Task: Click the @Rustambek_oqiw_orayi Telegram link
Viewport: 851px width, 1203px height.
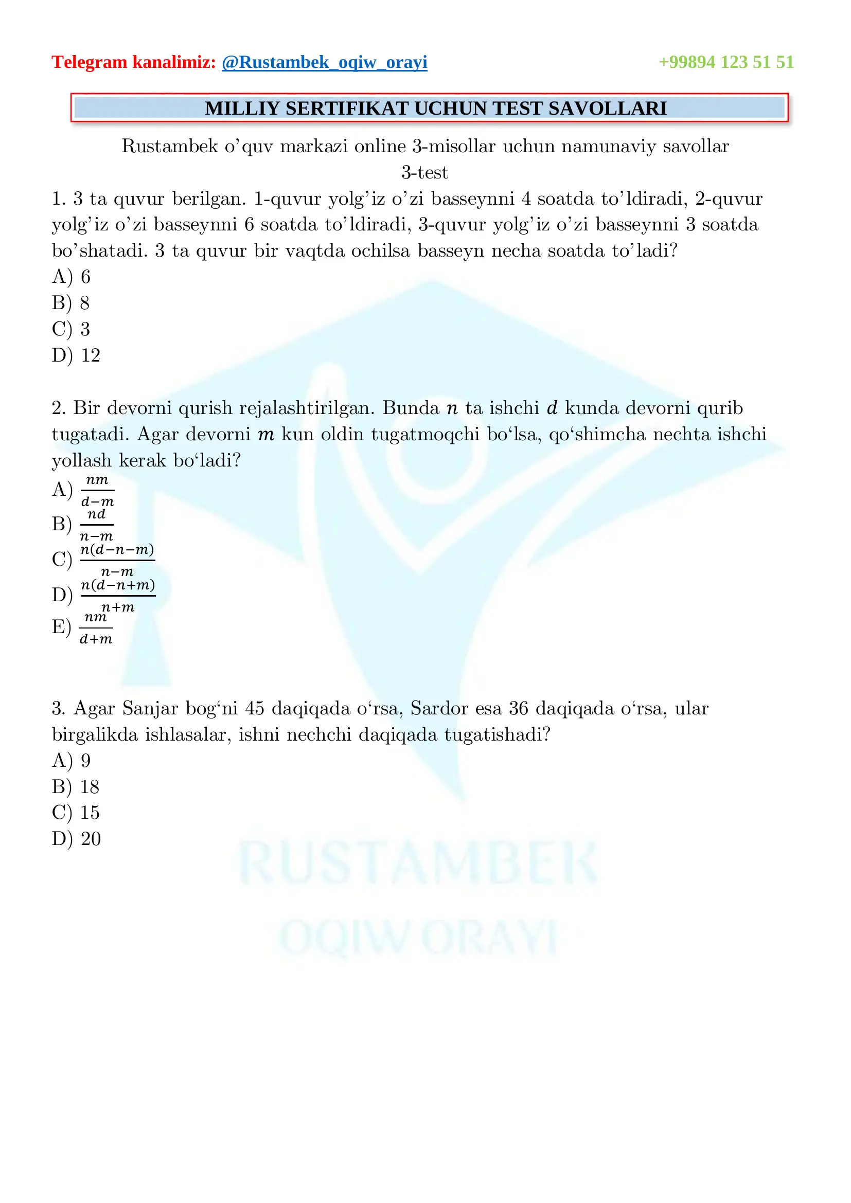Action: (x=324, y=62)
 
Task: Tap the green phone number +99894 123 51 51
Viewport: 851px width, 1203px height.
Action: (x=726, y=62)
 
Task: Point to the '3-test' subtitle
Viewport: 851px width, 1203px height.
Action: (x=425, y=172)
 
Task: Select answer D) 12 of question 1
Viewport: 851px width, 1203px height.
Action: (x=76, y=355)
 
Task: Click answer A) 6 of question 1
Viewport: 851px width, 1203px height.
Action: (x=72, y=277)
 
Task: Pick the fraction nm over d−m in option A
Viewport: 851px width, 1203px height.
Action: (x=97, y=491)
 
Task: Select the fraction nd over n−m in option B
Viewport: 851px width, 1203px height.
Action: (x=96, y=525)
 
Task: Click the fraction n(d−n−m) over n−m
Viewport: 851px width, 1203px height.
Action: (x=117, y=560)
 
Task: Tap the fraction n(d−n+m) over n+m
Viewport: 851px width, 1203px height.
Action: (x=118, y=596)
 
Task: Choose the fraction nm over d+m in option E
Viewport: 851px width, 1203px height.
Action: (x=96, y=627)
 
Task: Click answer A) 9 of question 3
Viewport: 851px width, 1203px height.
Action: (x=72, y=761)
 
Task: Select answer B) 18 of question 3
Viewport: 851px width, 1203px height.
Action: (x=76, y=787)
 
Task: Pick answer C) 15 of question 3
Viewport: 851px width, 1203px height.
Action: (x=76, y=813)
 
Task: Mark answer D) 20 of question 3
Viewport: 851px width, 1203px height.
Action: (x=76, y=839)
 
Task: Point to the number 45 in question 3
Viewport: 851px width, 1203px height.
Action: (x=255, y=708)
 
